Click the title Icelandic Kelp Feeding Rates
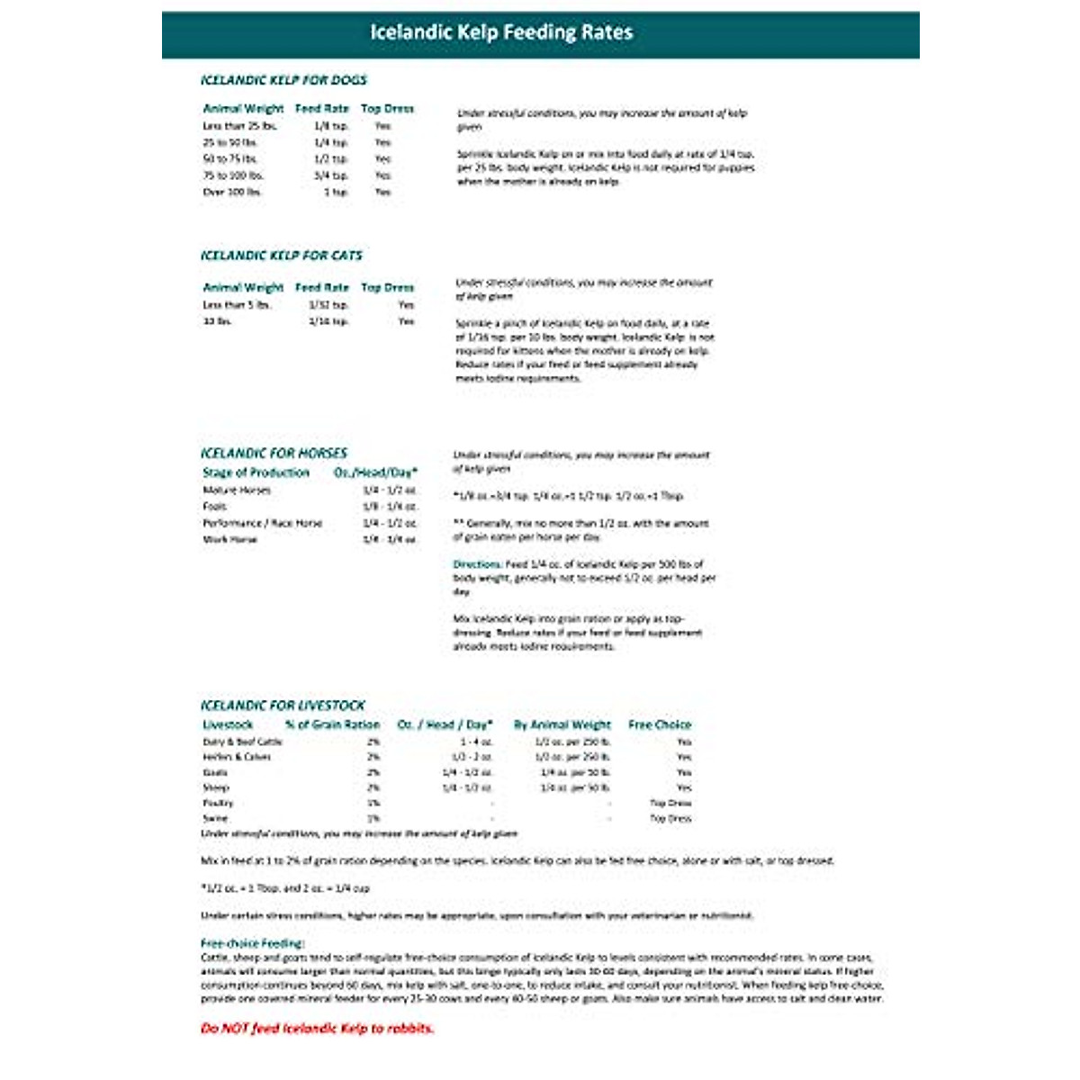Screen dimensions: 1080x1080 (x=501, y=32)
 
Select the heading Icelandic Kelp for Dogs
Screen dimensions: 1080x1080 (x=283, y=80)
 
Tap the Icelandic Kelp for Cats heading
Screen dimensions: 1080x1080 (x=281, y=256)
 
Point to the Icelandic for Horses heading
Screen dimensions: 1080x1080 (x=274, y=453)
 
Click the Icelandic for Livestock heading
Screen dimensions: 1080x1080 (x=283, y=706)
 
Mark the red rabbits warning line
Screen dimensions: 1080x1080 (x=317, y=1028)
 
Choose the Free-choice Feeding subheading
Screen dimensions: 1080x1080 (x=252, y=943)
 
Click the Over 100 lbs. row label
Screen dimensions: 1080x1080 (x=232, y=192)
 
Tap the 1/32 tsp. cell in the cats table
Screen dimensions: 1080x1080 (x=328, y=305)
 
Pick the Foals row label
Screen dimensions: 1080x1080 (x=215, y=507)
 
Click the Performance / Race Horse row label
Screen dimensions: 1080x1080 (x=262, y=523)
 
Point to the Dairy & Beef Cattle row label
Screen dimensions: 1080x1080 (x=242, y=742)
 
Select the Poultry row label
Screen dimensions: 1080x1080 (x=218, y=803)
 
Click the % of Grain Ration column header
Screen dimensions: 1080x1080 (x=332, y=724)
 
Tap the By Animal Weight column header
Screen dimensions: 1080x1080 (x=562, y=724)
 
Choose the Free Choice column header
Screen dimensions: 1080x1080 (x=660, y=724)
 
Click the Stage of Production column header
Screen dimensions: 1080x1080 (x=256, y=472)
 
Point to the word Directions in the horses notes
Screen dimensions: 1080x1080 (x=477, y=564)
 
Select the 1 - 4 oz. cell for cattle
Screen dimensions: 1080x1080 (x=476, y=742)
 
